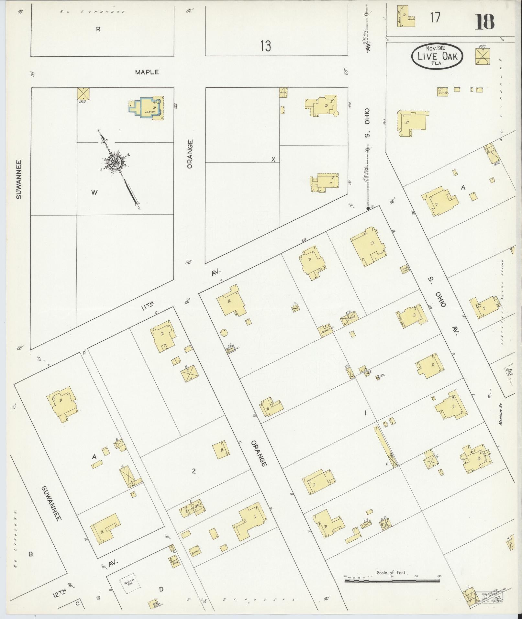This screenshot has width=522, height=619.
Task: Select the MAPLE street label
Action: coord(147,72)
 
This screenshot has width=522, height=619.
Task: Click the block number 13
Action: coord(265,46)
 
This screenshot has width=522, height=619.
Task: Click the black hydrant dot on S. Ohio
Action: coord(368,208)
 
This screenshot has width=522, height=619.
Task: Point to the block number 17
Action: coord(435,17)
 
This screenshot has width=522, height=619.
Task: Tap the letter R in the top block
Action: coord(98,29)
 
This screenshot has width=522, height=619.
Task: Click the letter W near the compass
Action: coord(94,193)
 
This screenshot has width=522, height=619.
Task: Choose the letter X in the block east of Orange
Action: coord(273,159)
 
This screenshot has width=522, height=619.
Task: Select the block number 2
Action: coord(194,471)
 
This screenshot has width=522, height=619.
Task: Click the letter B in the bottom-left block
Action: coord(31,554)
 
